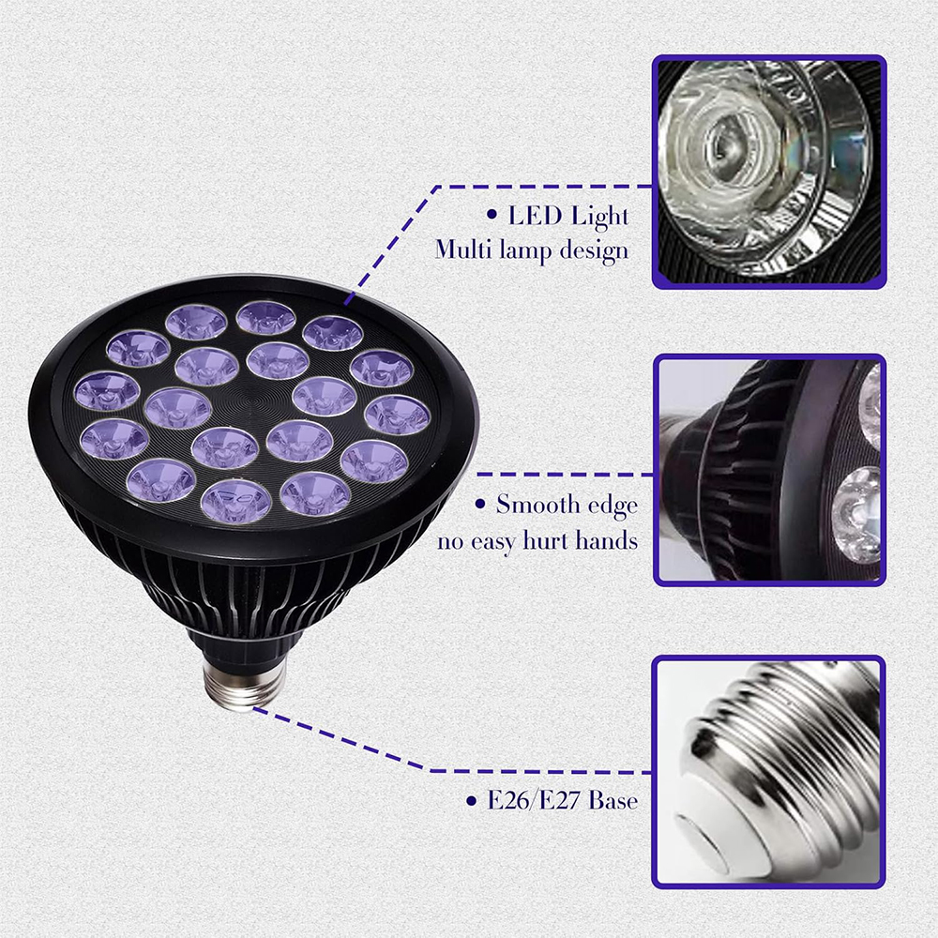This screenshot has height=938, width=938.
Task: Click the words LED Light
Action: (x=568, y=216)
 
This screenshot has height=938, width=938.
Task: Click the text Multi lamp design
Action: (x=532, y=250)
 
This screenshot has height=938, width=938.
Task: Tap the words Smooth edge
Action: (x=567, y=505)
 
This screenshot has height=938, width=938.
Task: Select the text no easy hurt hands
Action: (x=537, y=540)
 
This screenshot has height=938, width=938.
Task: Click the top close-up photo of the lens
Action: (x=768, y=172)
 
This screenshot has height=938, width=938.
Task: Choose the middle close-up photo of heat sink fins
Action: (x=768, y=470)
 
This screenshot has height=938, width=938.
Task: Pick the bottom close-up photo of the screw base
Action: (x=768, y=772)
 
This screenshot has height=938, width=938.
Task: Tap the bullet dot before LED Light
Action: (x=491, y=216)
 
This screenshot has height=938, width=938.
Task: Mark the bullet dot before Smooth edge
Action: (x=480, y=506)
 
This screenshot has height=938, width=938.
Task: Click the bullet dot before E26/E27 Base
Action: (x=471, y=801)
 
